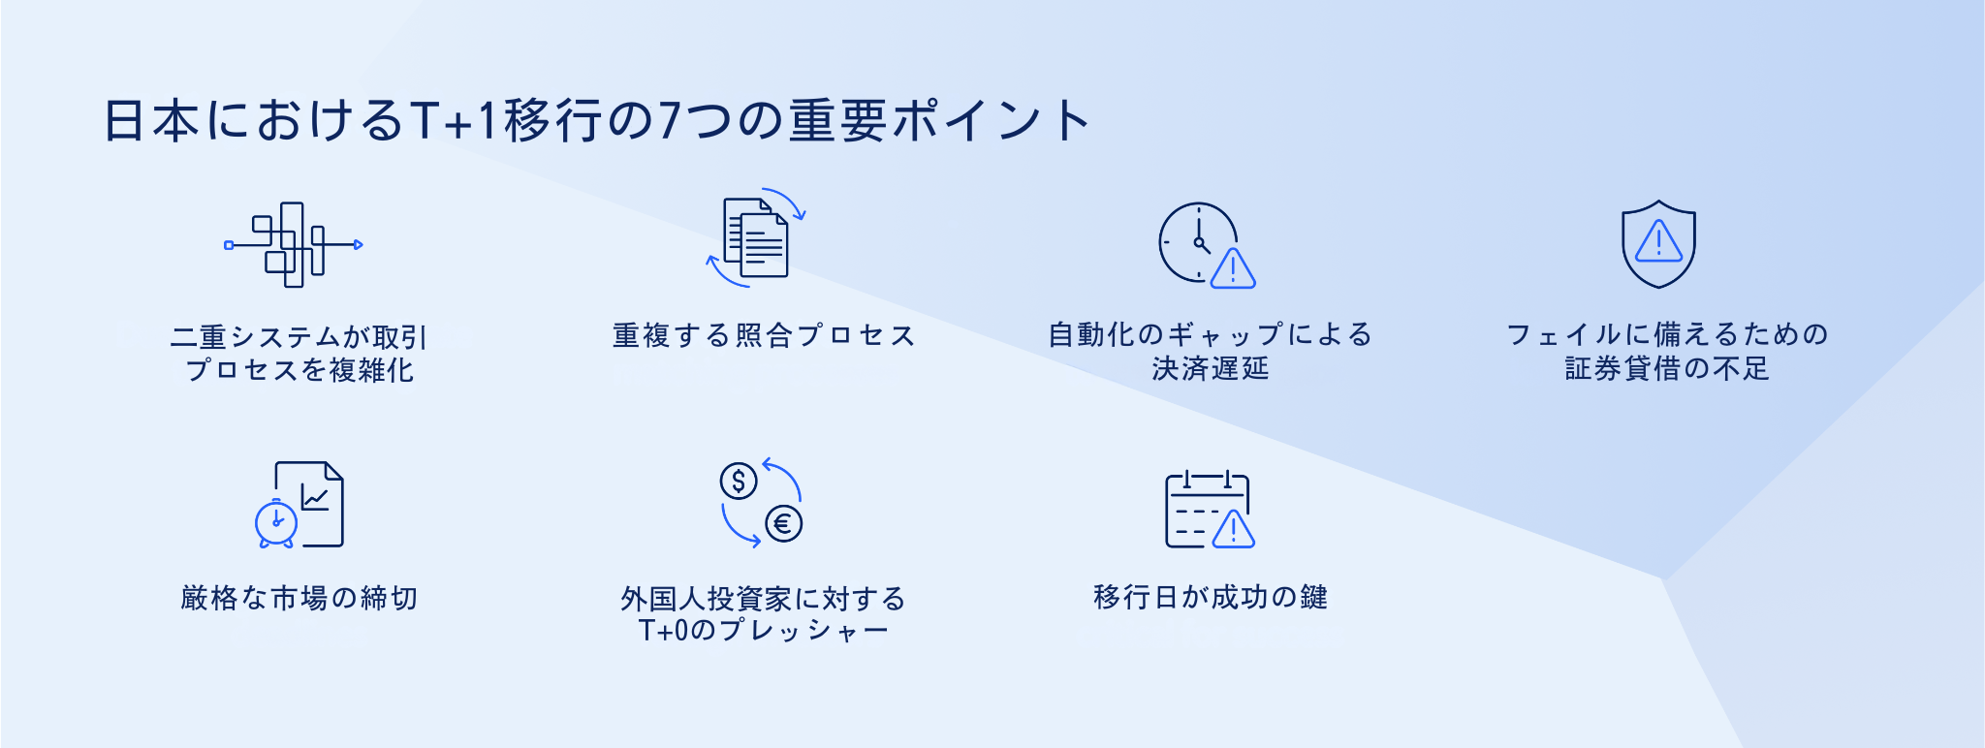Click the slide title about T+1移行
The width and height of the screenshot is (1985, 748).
[597, 121]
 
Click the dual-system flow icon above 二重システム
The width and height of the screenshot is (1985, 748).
[294, 245]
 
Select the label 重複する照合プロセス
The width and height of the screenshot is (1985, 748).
[764, 335]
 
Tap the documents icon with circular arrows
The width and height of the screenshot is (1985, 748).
[756, 238]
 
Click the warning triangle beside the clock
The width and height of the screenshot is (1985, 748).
[1233, 269]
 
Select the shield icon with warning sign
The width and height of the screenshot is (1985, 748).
[1658, 244]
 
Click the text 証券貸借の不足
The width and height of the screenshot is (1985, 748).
[1667, 368]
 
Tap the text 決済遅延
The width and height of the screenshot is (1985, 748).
[1211, 368]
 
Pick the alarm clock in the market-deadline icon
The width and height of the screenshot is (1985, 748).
[276, 523]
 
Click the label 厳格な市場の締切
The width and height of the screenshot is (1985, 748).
[299, 598]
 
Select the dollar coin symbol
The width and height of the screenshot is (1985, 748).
[739, 481]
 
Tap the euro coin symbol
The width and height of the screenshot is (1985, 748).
[783, 524]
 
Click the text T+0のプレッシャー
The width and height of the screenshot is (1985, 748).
[764, 631]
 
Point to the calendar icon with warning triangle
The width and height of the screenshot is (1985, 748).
[1210, 509]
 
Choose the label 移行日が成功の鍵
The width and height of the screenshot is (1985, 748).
[1211, 597]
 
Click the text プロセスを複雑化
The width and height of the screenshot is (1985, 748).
[299, 370]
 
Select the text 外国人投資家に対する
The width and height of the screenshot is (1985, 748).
[764, 599]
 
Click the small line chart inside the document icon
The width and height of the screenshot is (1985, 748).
[315, 497]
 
